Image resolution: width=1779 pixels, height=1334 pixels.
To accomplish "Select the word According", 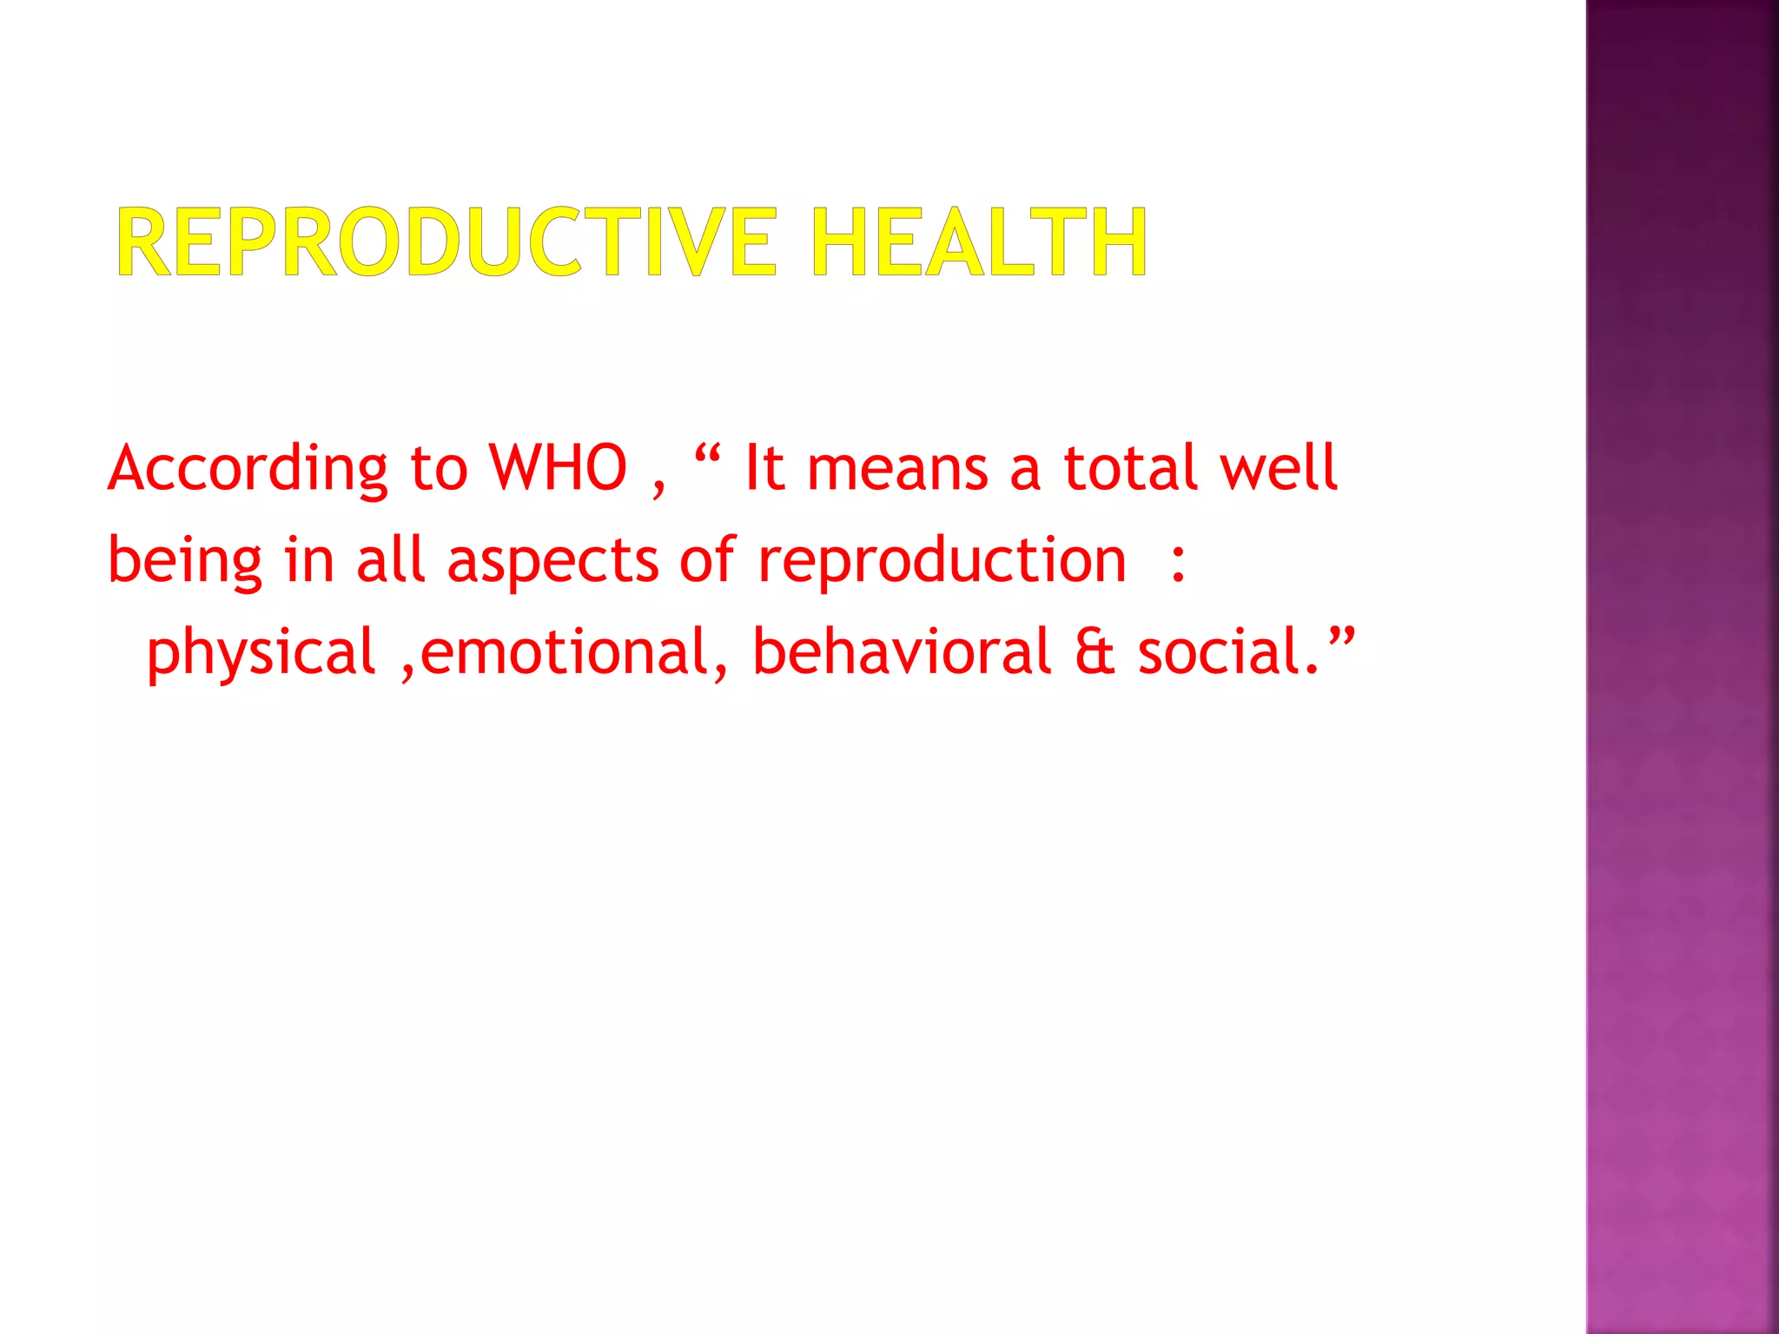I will tap(248, 469).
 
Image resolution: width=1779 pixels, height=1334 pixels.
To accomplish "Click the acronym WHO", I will tap(558, 469).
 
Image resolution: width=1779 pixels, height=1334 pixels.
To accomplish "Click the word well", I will tap(1278, 469).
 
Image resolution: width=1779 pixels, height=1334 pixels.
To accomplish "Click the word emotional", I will tap(566, 653).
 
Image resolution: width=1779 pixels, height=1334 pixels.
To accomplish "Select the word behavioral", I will tap(903, 653).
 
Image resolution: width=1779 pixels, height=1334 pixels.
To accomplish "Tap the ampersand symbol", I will tap(1095, 653).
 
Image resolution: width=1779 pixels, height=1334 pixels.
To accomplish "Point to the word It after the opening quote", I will tap(765, 469).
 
